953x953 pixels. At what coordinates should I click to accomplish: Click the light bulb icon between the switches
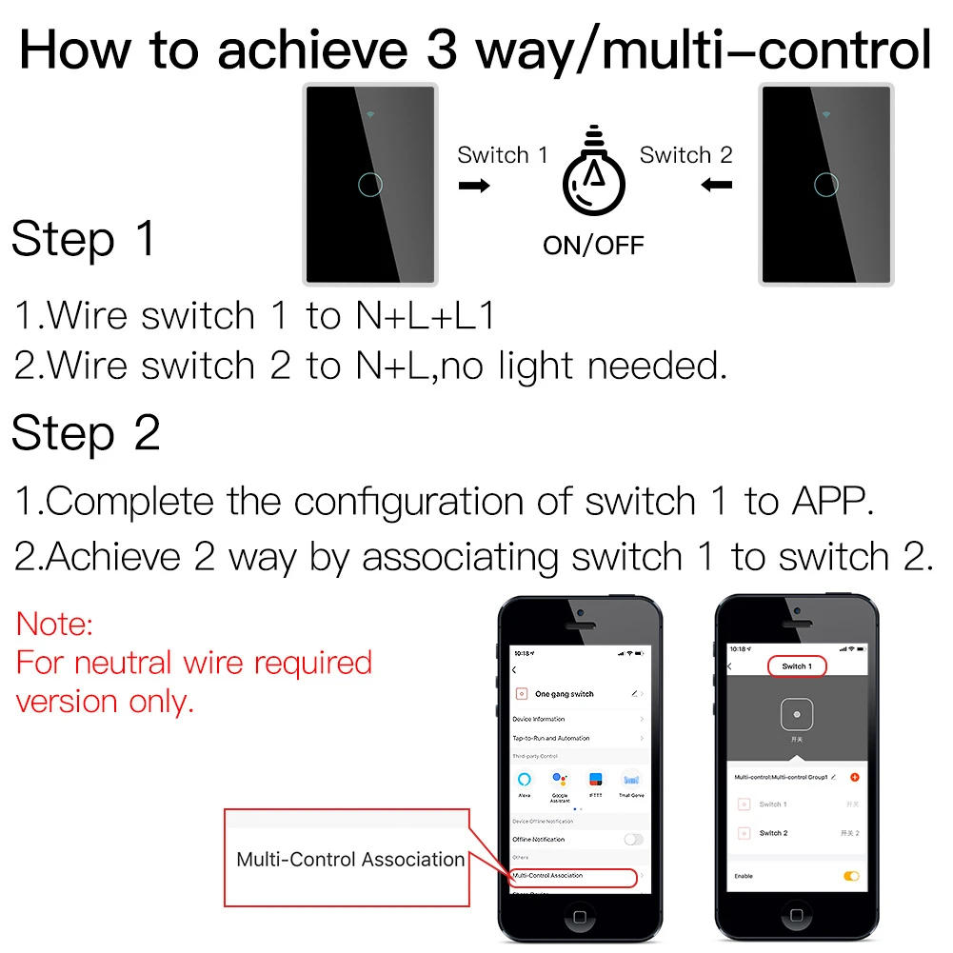[594, 178]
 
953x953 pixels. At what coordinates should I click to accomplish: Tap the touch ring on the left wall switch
[370, 184]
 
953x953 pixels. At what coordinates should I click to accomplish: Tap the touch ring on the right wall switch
[825, 184]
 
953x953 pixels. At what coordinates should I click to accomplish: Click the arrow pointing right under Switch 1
[474, 185]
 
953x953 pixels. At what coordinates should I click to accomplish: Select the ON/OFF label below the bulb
[593, 245]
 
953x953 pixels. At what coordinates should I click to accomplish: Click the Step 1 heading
[84, 239]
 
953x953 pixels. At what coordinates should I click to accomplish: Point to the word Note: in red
[55, 625]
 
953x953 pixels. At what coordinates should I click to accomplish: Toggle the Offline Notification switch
[632, 839]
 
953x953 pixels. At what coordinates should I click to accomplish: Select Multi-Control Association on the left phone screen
[571, 875]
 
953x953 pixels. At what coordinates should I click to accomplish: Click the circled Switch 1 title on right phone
[796, 666]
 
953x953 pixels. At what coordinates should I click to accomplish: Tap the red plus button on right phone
[853, 777]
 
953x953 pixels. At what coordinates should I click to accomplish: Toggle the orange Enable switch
[851, 875]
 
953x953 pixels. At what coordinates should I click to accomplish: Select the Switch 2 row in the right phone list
[773, 833]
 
